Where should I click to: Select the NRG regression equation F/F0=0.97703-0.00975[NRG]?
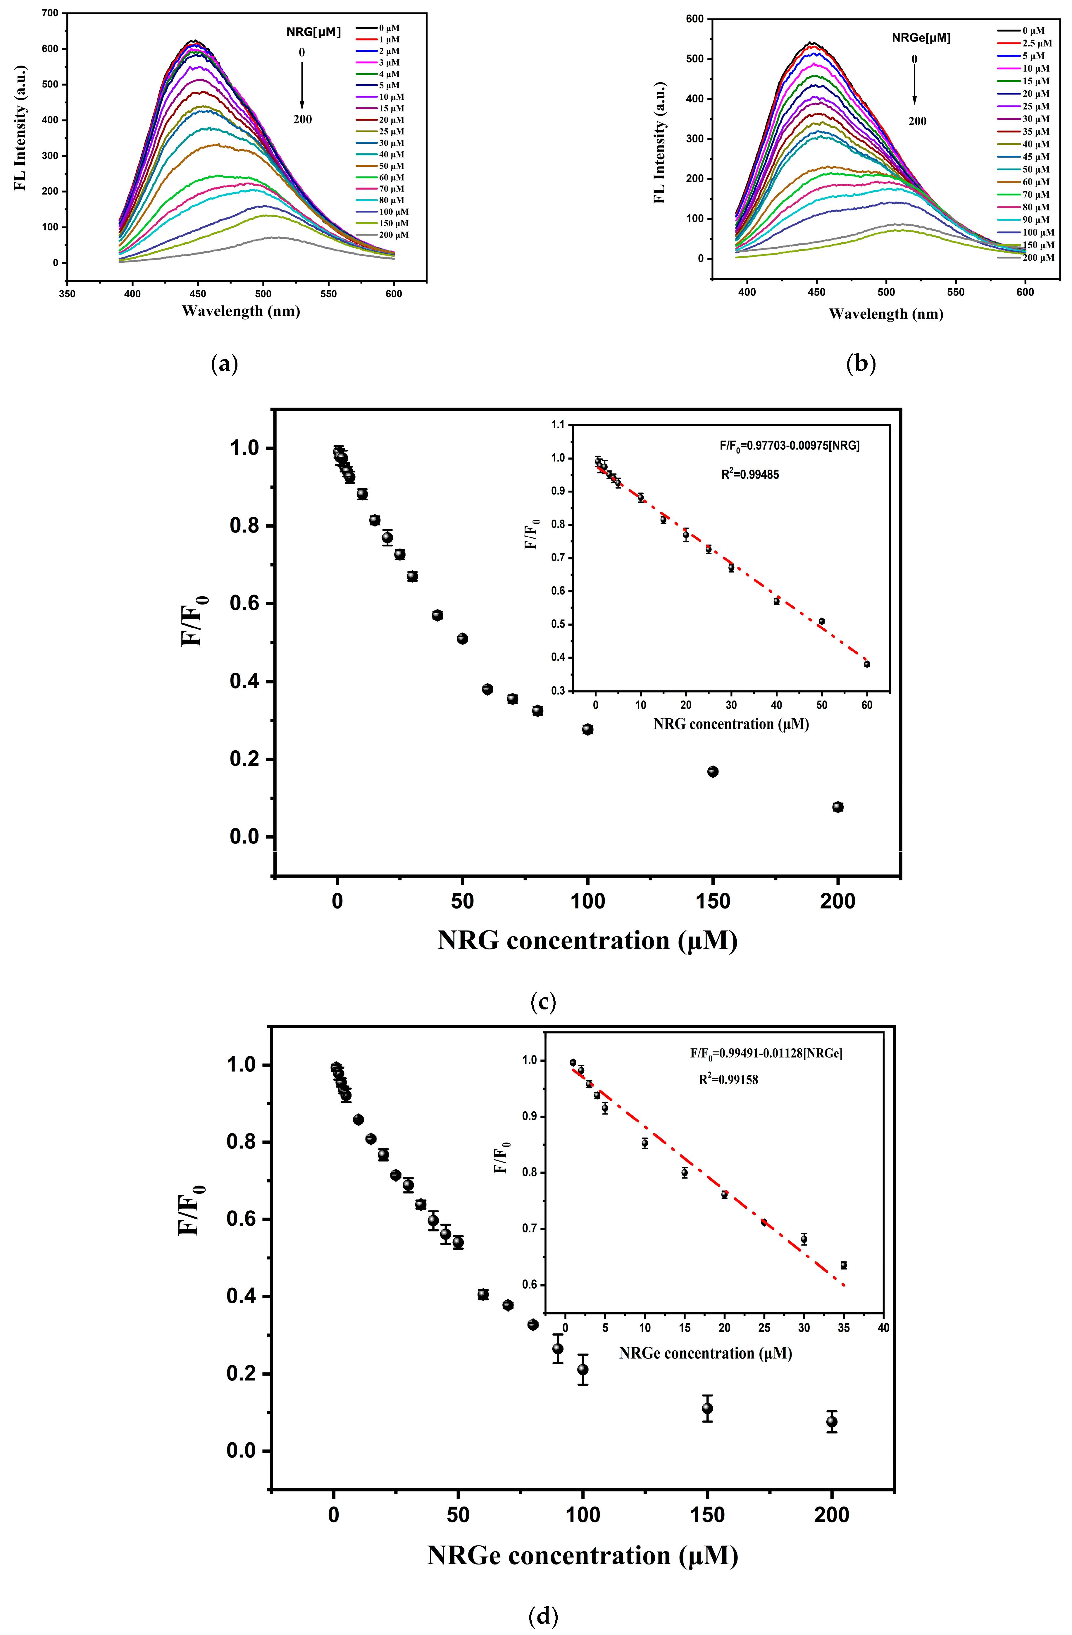tap(789, 446)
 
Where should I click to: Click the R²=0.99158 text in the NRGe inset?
tap(728, 1079)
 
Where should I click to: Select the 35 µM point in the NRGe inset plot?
tap(843, 1265)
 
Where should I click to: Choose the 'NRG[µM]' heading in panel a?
tap(313, 32)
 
